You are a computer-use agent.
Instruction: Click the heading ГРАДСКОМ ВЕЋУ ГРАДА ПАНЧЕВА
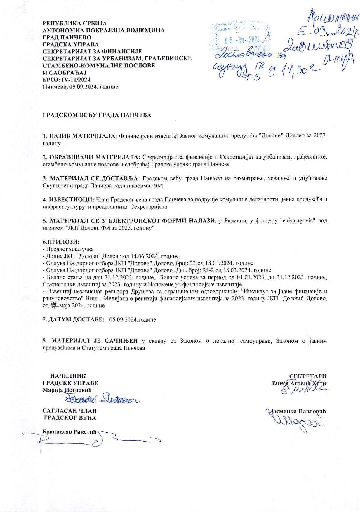click(x=97, y=115)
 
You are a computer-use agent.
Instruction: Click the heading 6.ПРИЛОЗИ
click(x=61, y=242)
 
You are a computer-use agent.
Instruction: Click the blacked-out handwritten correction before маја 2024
click(x=54, y=306)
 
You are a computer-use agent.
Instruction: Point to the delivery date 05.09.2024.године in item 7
click(x=132, y=319)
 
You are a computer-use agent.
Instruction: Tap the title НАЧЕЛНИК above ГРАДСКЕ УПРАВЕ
click(x=68, y=376)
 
